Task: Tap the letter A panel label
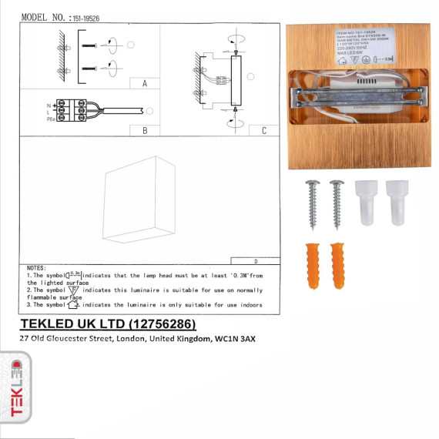pyautogui.click(x=145, y=84)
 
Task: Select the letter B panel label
pyautogui.click(x=145, y=131)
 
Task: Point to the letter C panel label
pyautogui.click(x=264, y=131)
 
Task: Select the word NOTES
pyautogui.click(x=37, y=266)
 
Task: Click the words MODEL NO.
pyautogui.click(x=43, y=16)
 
